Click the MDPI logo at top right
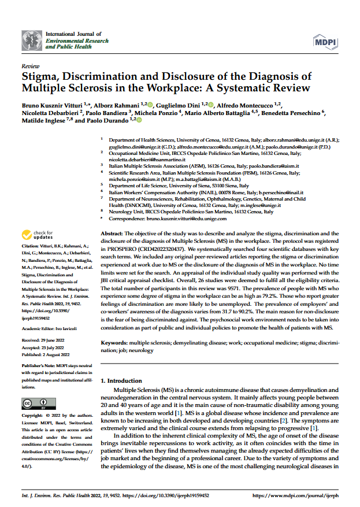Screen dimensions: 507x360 [326, 42]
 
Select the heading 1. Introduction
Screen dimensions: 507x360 [121, 381]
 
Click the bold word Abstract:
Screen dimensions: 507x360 [112, 231]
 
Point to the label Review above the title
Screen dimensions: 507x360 [30, 66]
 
